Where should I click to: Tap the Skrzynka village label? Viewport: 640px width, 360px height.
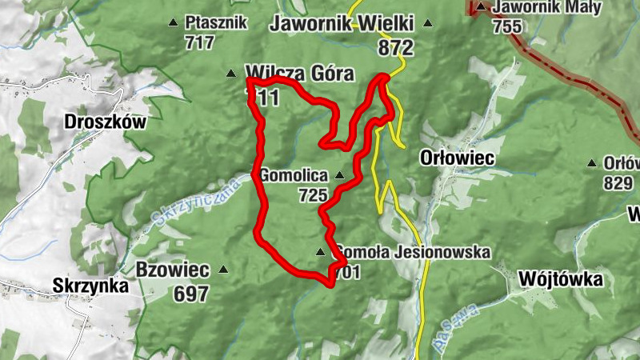[90, 286]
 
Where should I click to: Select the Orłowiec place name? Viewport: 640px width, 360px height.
[457, 158]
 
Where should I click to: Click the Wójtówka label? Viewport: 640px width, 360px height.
[560, 279]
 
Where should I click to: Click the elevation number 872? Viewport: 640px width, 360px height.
[396, 48]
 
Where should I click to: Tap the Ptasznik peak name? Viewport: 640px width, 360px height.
[216, 22]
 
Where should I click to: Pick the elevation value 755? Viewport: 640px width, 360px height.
[507, 26]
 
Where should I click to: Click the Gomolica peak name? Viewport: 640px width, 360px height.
[294, 174]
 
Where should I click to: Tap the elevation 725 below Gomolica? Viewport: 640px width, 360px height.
[314, 194]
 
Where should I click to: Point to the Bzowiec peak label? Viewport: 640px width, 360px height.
[173, 270]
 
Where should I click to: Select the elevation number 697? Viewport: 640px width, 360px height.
[190, 293]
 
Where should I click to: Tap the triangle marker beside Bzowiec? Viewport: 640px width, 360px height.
[223, 270]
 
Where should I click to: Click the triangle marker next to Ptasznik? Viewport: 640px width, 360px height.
[173, 22]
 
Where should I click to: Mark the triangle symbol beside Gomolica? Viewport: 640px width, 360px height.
[339, 174]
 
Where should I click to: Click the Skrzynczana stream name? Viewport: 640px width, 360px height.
[195, 201]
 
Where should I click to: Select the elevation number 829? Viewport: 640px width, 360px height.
[620, 183]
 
